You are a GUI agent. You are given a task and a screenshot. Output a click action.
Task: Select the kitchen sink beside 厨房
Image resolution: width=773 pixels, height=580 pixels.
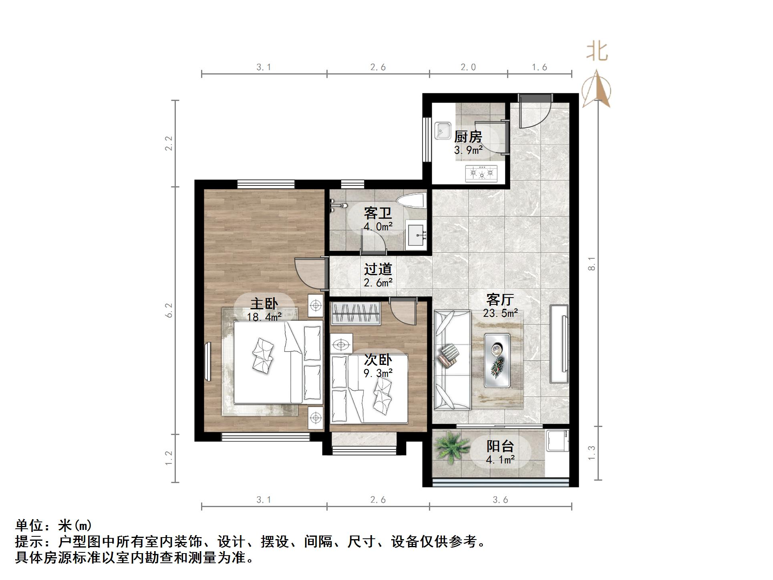coord(443,131)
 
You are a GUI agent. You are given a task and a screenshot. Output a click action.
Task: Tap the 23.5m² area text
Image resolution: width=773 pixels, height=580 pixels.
coord(500,313)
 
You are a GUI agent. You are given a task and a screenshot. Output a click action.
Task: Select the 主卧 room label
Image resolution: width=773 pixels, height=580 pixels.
coord(264,304)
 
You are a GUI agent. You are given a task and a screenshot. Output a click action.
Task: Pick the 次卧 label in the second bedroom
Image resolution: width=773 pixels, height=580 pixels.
coord(378,360)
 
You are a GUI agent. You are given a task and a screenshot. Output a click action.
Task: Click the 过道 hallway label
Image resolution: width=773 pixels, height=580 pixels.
coord(378,269)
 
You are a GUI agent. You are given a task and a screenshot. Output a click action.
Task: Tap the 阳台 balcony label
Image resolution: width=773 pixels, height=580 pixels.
coord(500,446)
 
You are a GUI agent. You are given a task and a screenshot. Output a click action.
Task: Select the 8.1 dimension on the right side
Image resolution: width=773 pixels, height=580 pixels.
coord(592,264)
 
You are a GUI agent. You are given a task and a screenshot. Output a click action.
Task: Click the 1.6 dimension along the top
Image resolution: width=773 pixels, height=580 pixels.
coord(539,67)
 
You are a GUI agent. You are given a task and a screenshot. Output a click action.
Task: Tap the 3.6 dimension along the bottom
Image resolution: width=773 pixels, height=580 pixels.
coord(500,499)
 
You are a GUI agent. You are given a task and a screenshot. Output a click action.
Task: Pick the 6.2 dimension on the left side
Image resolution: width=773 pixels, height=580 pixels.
coord(169,310)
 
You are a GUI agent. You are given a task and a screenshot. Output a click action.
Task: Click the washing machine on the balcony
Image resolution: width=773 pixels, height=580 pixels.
coord(557,441)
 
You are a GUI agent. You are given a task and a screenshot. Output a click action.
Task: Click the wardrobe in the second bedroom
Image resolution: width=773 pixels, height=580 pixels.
coord(355,313)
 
